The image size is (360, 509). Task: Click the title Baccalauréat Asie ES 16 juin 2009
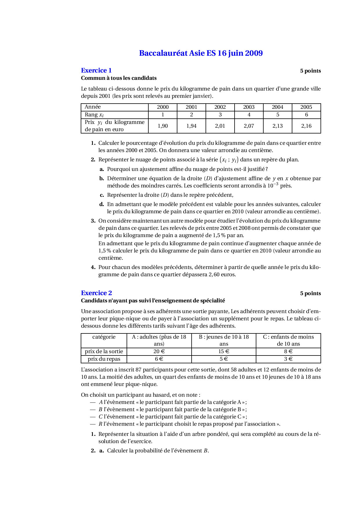coord(201,53)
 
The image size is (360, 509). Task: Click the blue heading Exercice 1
coord(96,71)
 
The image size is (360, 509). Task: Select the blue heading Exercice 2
coord(96,293)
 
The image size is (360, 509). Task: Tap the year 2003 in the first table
coord(249,107)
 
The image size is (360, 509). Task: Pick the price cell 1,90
coord(163,126)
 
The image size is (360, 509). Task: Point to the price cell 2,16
coord(306,126)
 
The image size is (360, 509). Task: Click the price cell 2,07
coord(249,126)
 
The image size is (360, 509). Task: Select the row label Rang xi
coord(94,115)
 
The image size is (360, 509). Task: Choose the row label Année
coord(93,107)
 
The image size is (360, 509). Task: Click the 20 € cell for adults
coord(159,351)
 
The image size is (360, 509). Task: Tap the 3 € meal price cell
coord(288,359)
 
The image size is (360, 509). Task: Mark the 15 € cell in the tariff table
coord(224,351)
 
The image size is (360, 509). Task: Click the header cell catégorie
coord(104,337)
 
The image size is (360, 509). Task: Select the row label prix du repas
coord(104,359)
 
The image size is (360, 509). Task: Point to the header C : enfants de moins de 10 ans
coord(288,340)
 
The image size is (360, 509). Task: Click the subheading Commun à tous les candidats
coord(119,78)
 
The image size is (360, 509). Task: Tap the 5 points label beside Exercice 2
coord(310,293)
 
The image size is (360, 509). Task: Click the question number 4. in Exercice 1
coord(93,267)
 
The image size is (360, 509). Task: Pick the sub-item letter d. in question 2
coord(102,204)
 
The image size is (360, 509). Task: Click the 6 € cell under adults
coord(159,359)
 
